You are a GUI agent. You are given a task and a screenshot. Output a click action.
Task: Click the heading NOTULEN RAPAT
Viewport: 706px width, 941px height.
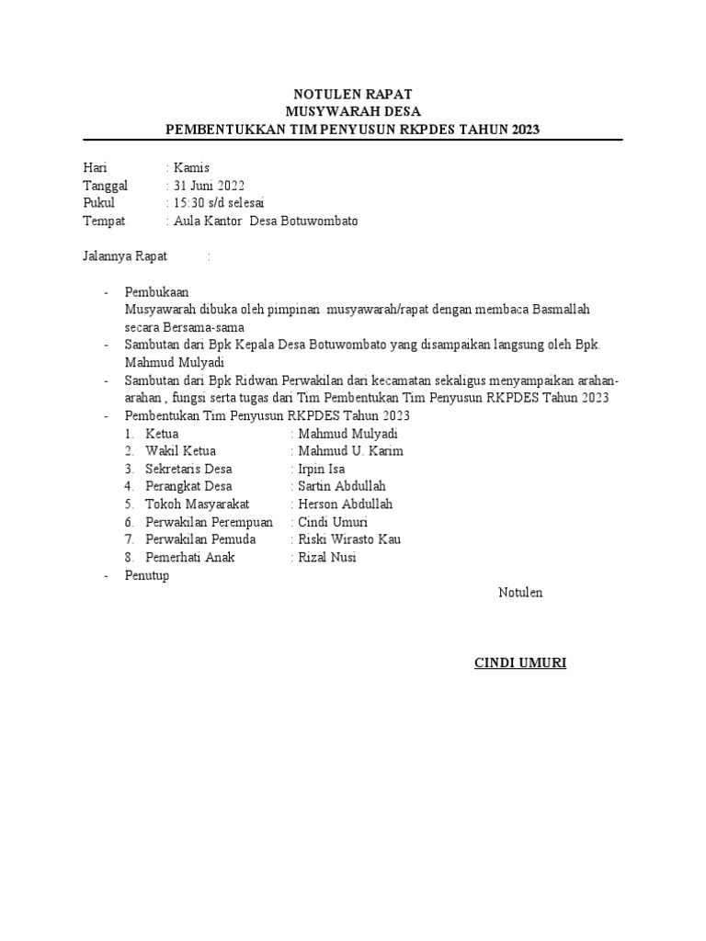click(x=352, y=95)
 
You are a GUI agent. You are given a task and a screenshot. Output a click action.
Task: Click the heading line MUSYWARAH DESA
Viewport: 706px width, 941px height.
click(x=352, y=112)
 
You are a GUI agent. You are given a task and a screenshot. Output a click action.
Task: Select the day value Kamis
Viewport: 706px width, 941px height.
click(x=190, y=167)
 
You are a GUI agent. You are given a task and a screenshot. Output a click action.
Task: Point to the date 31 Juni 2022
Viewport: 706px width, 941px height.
click(x=208, y=186)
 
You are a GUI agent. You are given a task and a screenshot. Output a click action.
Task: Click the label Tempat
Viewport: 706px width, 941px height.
click(x=104, y=221)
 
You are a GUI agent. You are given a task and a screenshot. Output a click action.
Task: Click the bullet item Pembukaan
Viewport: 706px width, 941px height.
click(x=156, y=292)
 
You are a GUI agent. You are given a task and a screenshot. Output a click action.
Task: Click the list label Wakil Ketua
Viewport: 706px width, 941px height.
click(x=181, y=451)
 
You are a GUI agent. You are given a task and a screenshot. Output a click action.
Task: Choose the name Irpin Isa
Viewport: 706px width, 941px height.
click(x=322, y=469)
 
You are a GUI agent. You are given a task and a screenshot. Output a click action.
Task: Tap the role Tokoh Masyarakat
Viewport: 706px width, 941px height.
click(x=198, y=505)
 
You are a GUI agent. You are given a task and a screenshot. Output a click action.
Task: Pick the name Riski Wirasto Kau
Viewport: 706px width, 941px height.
click(x=349, y=539)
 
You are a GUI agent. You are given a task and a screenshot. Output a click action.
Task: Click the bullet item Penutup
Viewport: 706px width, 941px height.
click(x=147, y=575)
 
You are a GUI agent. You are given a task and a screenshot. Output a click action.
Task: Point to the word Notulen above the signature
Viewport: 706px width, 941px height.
click(x=520, y=593)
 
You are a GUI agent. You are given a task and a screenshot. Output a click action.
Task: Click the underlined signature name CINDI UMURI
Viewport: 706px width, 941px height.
click(x=520, y=663)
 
